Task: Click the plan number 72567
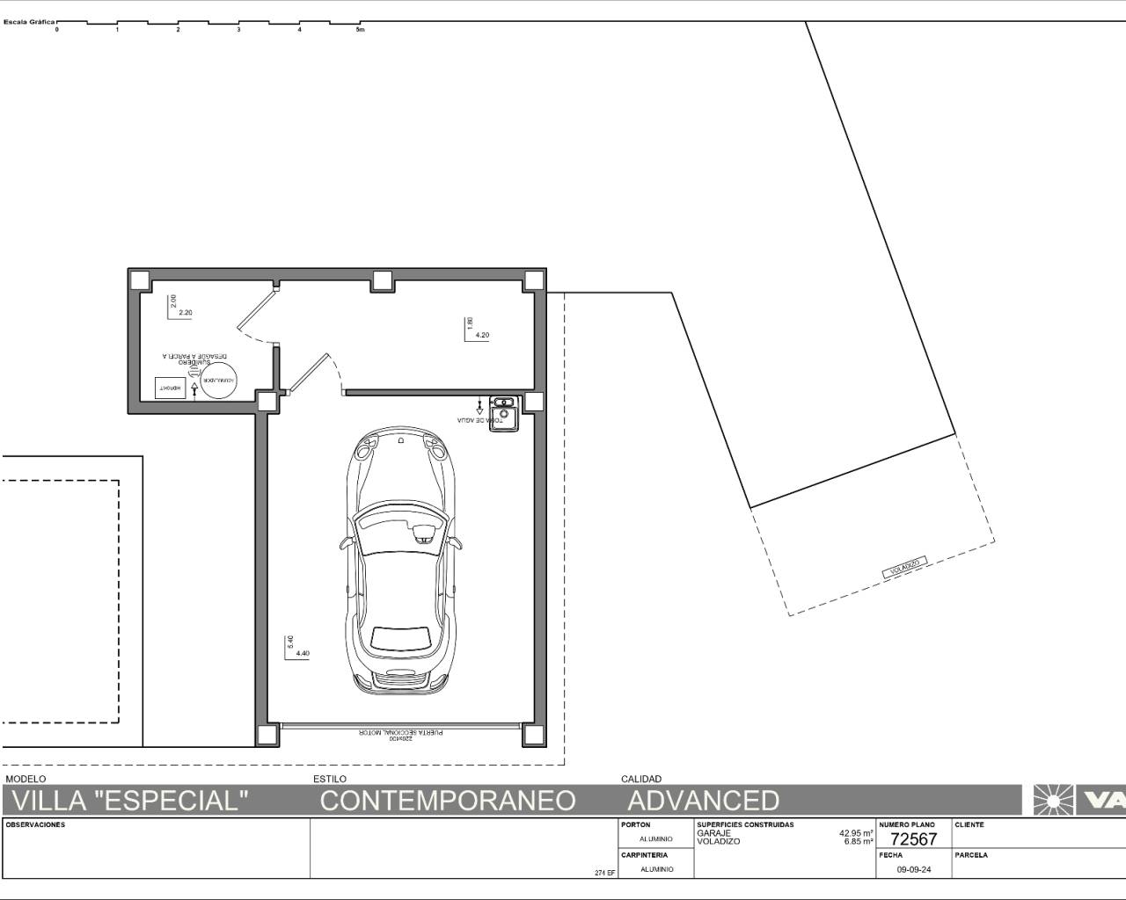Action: [913, 838]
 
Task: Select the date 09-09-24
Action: [913, 869]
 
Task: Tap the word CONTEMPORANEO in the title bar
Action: [447, 800]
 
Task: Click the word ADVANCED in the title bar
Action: [703, 800]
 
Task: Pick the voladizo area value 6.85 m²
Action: [858, 841]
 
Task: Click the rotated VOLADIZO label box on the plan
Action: [904, 568]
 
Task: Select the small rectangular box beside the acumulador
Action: [170, 388]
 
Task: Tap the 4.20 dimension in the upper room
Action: [482, 335]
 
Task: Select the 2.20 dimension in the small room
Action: [185, 313]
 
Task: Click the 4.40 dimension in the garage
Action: [303, 653]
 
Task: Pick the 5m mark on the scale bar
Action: [359, 30]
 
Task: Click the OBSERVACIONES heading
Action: [35, 824]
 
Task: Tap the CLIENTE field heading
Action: [969, 824]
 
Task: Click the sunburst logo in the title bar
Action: [1051, 800]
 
